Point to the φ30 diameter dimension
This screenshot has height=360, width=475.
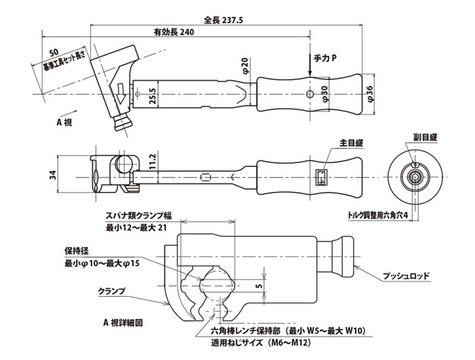click(x=324, y=93)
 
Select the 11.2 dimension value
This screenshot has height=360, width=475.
click(x=155, y=161)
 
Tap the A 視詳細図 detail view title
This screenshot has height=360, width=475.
click(x=126, y=321)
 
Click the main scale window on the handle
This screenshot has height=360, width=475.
click(x=323, y=178)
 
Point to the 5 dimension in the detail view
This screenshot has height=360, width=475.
click(x=261, y=286)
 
